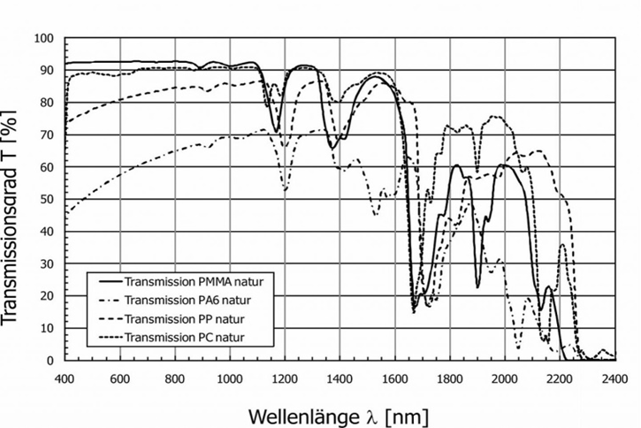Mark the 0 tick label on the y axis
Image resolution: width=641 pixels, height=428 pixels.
pyautogui.click(x=50, y=360)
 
